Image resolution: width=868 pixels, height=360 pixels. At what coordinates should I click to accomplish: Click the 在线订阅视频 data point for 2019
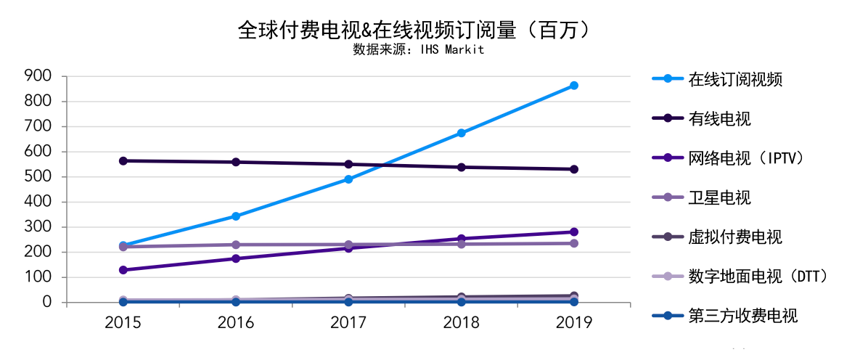(573, 86)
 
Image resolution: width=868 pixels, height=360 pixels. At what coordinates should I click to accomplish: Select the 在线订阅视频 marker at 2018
(461, 133)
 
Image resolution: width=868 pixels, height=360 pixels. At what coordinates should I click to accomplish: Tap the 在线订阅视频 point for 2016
(236, 216)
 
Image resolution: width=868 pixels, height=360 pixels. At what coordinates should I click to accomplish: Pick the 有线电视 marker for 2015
(123, 160)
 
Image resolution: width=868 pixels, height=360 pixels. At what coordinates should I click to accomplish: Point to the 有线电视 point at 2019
(573, 169)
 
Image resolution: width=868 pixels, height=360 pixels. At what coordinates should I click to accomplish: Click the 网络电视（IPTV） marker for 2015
(123, 270)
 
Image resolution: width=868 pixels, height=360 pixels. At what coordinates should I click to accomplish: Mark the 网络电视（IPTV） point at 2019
(573, 232)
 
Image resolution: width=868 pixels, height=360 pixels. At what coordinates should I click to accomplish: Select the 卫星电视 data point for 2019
(573, 243)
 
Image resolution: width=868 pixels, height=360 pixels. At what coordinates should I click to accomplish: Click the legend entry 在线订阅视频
(734, 79)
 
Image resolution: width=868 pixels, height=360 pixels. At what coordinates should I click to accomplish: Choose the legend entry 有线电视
(718, 118)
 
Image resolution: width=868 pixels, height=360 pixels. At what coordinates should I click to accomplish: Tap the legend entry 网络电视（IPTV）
(746, 157)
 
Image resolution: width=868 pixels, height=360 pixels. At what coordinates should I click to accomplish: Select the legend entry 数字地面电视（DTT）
(758, 276)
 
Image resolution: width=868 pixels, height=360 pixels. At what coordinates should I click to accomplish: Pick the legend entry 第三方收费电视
(742, 316)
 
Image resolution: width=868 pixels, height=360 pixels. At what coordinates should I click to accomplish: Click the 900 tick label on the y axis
(38, 75)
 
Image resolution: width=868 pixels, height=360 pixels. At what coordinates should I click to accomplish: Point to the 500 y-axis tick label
(38, 176)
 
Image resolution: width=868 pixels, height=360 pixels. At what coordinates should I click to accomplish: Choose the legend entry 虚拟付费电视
(734, 237)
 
